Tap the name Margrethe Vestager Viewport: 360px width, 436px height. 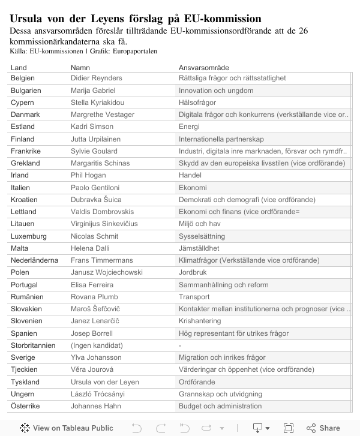coord(103,115)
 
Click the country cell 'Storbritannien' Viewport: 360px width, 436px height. coord(33,345)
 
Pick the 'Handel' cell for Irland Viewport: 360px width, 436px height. coord(190,175)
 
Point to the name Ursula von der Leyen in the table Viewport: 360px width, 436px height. coord(104,382)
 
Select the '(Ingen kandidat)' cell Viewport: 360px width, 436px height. coord(97,345)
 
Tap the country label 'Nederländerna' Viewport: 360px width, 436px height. coord(34,260)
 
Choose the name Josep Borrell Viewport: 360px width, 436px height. coord(92,333)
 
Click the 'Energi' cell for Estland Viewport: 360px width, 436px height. coord(190,127)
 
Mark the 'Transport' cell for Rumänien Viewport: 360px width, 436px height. coord(194,297)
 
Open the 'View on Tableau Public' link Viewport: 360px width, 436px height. coord(67,428)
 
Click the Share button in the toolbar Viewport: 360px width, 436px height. coord(323,428)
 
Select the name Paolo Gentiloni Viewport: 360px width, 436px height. coord(95,188)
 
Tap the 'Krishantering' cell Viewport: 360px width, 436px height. coord(200,321)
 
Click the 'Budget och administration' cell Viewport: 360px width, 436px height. coord(220,406)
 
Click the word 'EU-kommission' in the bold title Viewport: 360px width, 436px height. coord(216,19)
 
